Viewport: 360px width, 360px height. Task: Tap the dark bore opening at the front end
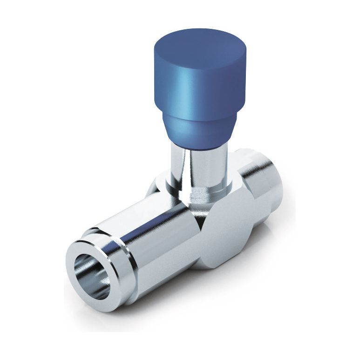(x=91, y=275)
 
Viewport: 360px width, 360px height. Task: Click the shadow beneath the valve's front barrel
(x=154, y=303)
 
